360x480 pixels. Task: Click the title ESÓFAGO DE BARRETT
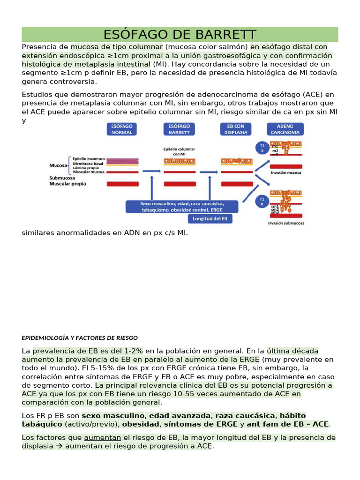tap(180, 35)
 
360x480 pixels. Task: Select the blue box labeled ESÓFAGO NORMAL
tap(121, 129)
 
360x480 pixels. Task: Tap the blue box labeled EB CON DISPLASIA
tap(236, 129)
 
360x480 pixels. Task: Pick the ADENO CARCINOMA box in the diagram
tap(285, 129)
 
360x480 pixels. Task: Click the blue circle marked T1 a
tap(262, 148)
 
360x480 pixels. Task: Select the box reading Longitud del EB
tap(210, 219)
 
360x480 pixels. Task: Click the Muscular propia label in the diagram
tap(68, 184)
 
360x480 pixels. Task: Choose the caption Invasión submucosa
tap(286, 223)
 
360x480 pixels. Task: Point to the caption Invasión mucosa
tap(286, 172)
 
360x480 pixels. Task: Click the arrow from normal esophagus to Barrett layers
tap(149, 172)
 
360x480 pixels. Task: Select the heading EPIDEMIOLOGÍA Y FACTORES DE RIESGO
tap(80, 337)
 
